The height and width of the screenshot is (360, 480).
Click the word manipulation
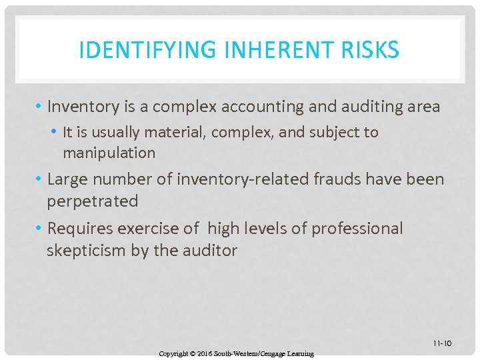coord(109,153)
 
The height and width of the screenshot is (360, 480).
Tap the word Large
coord(69,180)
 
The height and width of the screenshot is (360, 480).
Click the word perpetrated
coord(93,201)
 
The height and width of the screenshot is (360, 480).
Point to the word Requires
coord(80,229)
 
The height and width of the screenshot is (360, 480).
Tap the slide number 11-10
coord(442,343)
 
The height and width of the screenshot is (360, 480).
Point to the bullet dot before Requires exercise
coord(41,229)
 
